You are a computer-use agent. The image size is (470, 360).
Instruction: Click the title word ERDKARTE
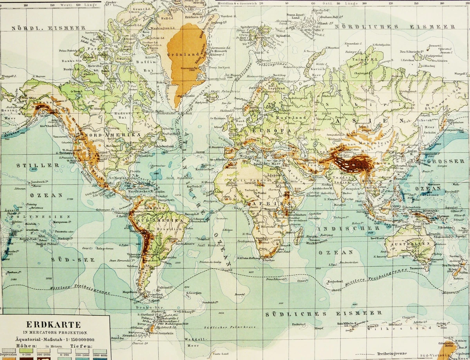53,324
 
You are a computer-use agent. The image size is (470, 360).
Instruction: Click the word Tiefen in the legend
81,346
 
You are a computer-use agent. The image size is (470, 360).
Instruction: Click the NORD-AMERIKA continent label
111,135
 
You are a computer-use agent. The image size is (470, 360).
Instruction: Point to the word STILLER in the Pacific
38,166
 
